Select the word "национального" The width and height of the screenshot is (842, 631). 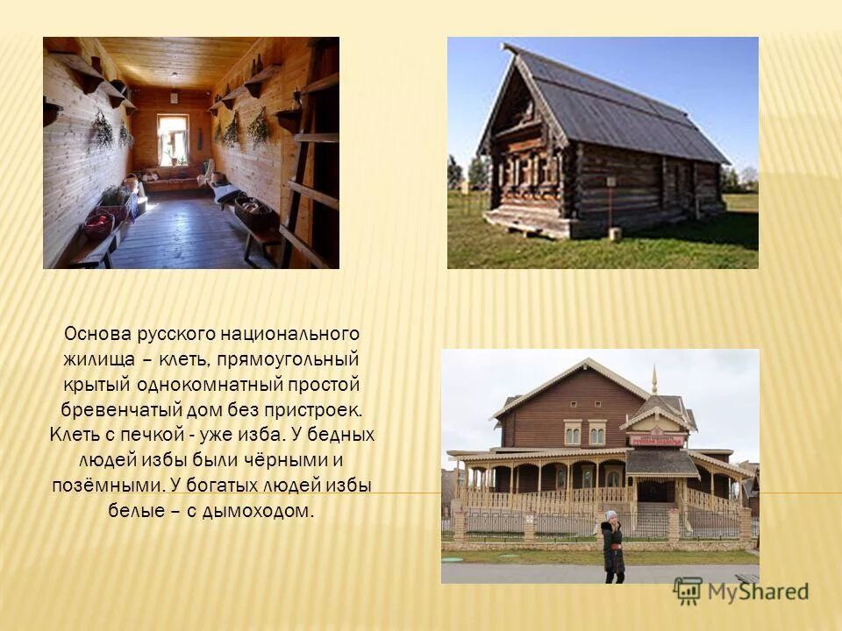click(x=291, y=335)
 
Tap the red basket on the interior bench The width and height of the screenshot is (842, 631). click(x=98, y=224)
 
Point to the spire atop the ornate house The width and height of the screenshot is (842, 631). click(x=653, y=379)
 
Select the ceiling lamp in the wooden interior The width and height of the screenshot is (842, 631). click(x=174, y=77)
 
